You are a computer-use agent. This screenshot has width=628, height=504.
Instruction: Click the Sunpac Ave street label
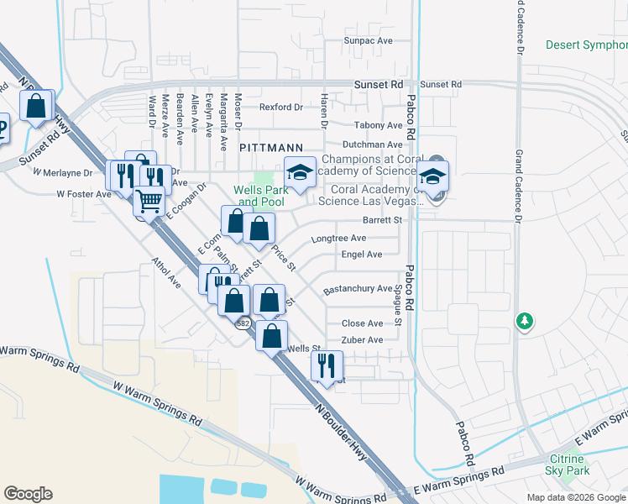[x=369, y=40]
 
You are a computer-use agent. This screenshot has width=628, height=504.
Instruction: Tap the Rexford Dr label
[x=281, y=108]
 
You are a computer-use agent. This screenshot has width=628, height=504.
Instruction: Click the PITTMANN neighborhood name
[x=264, y=147]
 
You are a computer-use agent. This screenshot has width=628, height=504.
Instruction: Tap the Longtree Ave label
[x=338, y=239]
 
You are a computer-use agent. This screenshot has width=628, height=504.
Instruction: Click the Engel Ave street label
[x=362, y=255]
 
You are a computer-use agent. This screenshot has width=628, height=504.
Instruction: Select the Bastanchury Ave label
[x=358, y=289]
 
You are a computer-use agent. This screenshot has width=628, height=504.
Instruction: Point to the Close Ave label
[x=363, y=323]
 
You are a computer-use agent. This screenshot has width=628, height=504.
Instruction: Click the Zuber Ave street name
[x=362, y=340]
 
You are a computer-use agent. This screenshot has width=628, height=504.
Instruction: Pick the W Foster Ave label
[x=84, y=194]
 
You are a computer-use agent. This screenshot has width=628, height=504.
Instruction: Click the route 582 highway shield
[x=243, y=323]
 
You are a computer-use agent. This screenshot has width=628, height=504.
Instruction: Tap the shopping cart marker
[x=149, y=202]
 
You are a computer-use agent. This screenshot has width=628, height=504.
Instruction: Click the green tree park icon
[x=525, y=322]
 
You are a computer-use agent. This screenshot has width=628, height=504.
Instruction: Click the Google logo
[x=28, y=494]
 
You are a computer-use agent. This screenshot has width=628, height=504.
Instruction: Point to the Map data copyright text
[x=576, y=497]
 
